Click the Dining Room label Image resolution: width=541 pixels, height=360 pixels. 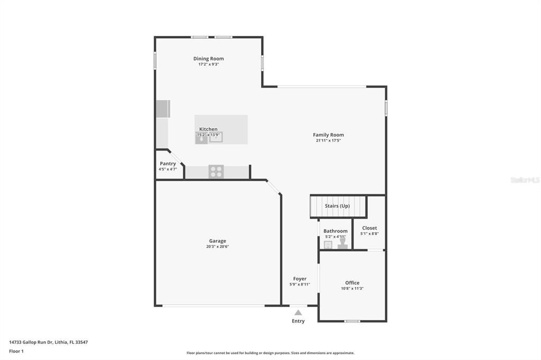pyautogui.click(x=208, y=59)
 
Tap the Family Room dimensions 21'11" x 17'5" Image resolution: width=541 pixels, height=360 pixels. pyautogui.click(x=328, y=141)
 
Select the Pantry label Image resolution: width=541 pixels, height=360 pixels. pyautogui.click(x=167, y=164)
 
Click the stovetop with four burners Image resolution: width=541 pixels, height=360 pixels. pyautogui.click(x=216, y=172)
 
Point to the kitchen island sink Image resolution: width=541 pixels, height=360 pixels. pyautogui.click(x=216, y=137)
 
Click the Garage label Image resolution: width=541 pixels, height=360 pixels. pyautogui.click(x=217, y=241)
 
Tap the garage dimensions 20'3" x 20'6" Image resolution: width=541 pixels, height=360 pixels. pyautogui.click(x=217, y=247)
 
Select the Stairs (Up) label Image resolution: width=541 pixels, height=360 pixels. pyautogui.click(x=337, y=206)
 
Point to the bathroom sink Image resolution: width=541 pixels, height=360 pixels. pyautogui.click(x=328, y=244)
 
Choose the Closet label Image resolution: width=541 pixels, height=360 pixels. pyautogui.click(x=369, y=228)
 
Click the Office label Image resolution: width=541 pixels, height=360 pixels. pyautogui.click(x=352, y=283)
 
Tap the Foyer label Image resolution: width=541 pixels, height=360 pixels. pyautogui.click(x=300, y=279)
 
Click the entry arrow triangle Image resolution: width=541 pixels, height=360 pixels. pyautogui.click(x=298, y=312)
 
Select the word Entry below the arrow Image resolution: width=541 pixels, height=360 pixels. pyautogui.click(x=298, y=321)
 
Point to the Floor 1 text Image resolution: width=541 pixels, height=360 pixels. pyautogui.click(x=16, y=351)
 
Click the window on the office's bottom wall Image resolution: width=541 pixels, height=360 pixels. pyautogui.click(x=352, y=321)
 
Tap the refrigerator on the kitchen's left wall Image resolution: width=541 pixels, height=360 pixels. pyautogui.click(x=163, y=109)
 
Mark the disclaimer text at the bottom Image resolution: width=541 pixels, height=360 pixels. pyautogui.click(x=270, y=353)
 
